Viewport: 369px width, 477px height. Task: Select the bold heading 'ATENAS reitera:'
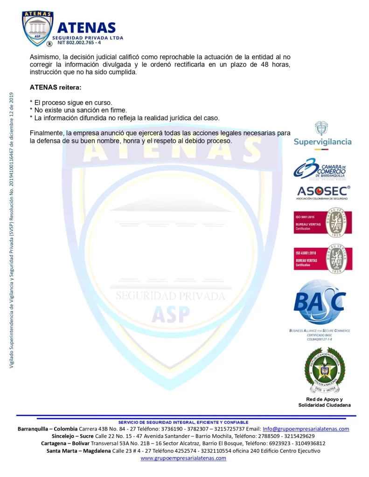(56, 87)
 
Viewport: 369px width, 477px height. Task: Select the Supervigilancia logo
(322, 136)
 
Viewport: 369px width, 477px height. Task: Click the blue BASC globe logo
(320, 300)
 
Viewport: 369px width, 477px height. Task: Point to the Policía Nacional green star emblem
(325, 371)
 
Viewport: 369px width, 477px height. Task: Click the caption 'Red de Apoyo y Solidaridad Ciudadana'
(324, 402)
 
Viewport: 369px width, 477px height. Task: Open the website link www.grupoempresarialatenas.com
(183, 458)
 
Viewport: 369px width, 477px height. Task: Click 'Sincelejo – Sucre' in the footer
(73, 436)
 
